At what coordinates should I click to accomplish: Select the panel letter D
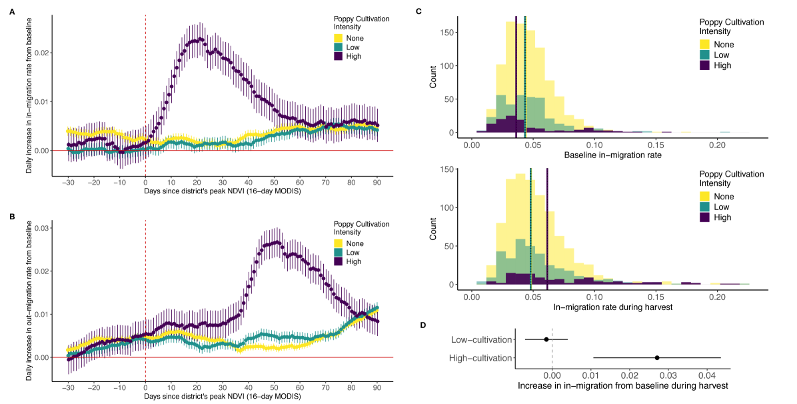pyautogui.click(x=418, y=325)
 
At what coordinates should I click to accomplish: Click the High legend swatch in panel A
pyautogui.click(x=339, y=58)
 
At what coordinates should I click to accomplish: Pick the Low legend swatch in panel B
pyautogui.click(x=339, y=253)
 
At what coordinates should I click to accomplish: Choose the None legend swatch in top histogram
pyautogui.click(x=706, y=45)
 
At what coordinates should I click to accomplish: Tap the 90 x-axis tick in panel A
pyautogui.click(x=377, y=181)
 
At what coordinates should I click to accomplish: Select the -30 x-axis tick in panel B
pyautogui.click(x=68, y=387)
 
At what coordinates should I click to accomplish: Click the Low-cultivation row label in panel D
pyautogui.click(x=481, y=339)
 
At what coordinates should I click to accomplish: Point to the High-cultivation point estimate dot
pyautogui.click(x=657, y=358)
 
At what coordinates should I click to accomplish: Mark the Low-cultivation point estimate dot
pyautogui.click(x=546, y=339)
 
